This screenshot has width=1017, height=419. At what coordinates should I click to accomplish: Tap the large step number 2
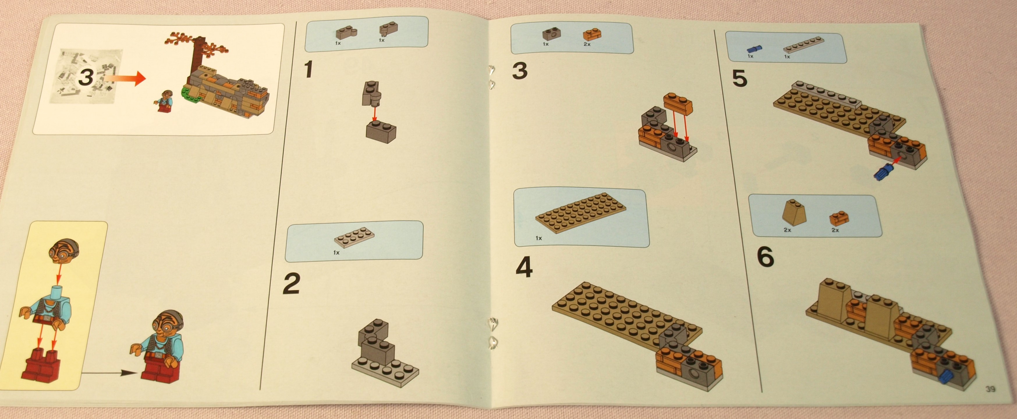[291, 284]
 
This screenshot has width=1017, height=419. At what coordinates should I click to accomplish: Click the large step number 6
[766, 257]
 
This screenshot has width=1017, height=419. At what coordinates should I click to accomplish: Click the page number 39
[991, 389]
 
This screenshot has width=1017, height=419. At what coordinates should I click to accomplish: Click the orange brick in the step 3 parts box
[592, 34]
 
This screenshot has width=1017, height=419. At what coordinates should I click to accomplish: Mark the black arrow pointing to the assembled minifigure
[111, 372]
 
